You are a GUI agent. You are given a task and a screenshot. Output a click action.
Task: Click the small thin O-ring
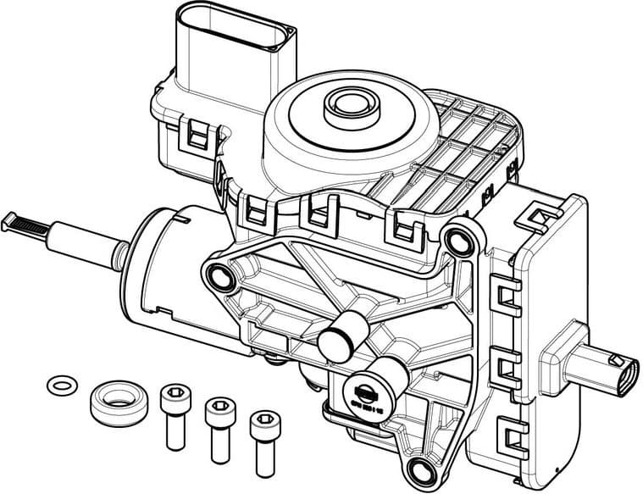(x=59, y=385)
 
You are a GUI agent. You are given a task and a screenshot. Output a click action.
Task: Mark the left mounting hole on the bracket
(x=220, y=276)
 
